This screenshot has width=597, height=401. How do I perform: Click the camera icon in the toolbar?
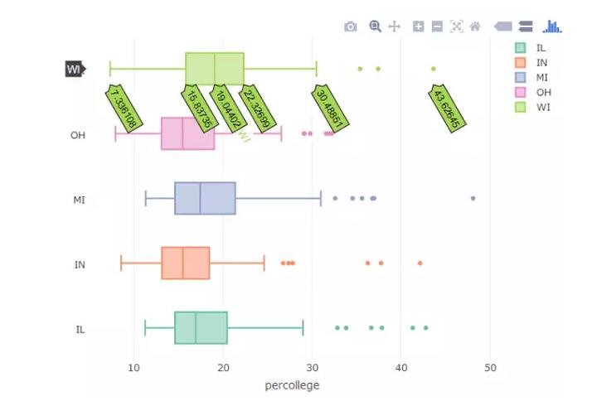coord(350,27)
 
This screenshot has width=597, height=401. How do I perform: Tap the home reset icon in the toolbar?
coord(475,27)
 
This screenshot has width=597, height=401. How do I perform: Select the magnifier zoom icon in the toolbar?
coord(375,27)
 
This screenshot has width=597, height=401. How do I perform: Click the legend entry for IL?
coord(531,48)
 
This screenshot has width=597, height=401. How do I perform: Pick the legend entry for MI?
coord(531,77)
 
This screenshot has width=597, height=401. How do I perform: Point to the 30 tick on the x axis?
coord(312,368)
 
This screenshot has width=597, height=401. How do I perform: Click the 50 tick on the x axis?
coord(490,368)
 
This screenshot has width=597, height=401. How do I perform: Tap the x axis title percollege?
coord(292,385)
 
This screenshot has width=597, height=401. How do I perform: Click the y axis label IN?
coord(80,265)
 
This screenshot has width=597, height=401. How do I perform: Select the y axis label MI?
coord(80,200)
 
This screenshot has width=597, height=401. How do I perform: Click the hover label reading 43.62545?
coord(449,108)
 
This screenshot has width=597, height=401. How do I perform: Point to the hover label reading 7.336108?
coord(123,108)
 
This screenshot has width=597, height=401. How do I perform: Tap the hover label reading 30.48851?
coord(331,108)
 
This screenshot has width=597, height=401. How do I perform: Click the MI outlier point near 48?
coord(473,198)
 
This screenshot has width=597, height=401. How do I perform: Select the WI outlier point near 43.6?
coord(434,69)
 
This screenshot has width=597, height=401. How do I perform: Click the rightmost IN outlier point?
coord(420,263)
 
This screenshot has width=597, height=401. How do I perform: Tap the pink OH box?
coord(187,133)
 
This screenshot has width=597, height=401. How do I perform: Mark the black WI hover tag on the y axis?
coord(75,69)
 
